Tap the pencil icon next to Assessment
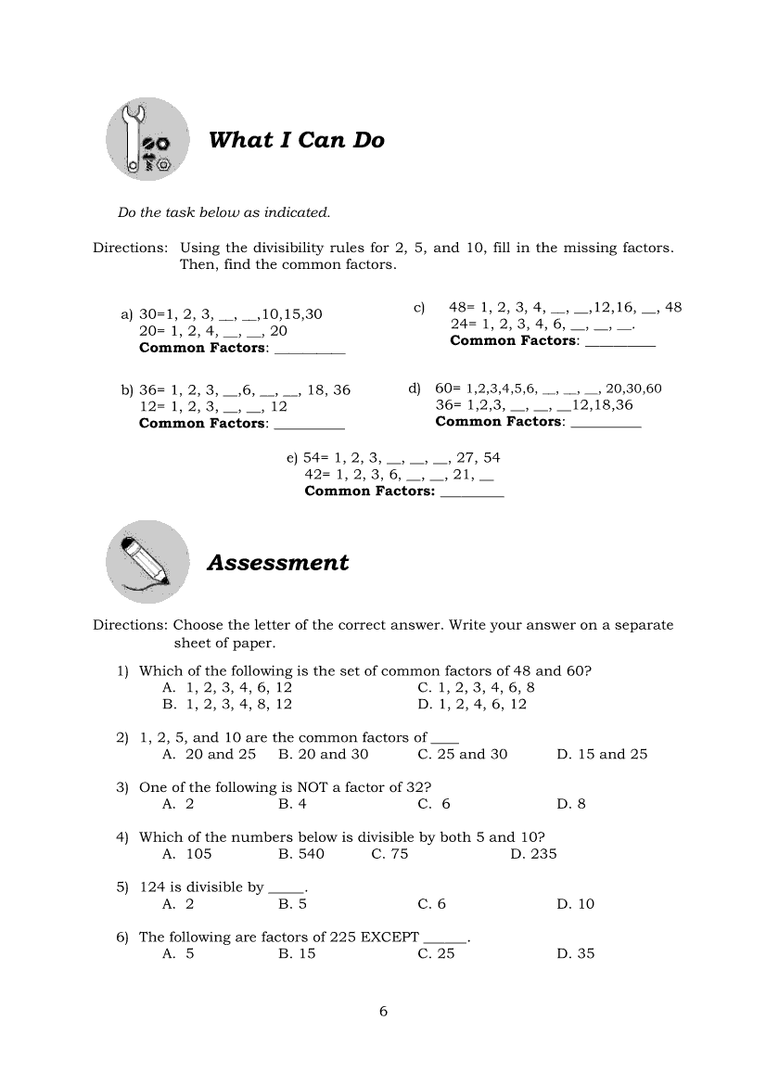(147, 561)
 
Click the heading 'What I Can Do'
(296, 140)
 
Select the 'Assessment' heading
(278, 563)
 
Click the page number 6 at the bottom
(383, 1011)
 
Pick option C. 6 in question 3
(434, 804)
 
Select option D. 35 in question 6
(576, 953)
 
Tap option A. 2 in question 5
(178, 904)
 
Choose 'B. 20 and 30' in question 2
(324, 754)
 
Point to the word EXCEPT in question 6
(389, 937)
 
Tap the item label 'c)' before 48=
(418, 307)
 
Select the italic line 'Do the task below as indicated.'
(223, 212)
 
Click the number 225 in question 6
(343, 937)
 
